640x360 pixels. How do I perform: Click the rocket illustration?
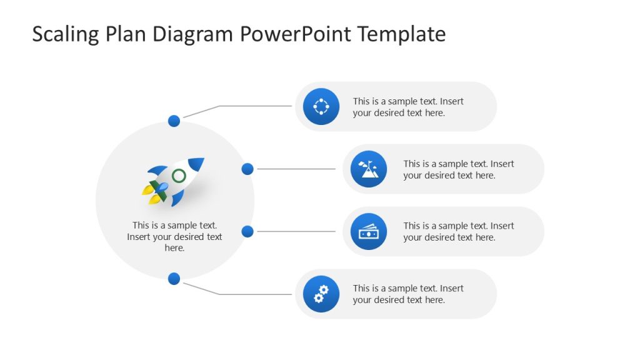174,181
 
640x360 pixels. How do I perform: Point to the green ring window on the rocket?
179,176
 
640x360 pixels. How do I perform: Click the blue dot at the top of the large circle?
174,121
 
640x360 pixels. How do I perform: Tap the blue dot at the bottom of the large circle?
174,279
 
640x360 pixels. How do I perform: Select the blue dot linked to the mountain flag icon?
247,169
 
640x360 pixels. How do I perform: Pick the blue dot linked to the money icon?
247,231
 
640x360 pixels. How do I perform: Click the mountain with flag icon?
369,169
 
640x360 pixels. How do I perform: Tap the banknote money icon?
369,231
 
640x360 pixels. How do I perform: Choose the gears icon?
321,294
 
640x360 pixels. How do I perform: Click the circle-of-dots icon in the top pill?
321,106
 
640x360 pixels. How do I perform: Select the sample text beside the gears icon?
407,294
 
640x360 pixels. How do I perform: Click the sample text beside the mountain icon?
458,169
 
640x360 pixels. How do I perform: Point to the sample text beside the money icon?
458,232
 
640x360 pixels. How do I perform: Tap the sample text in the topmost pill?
407,107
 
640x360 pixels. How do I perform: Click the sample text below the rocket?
174,237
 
